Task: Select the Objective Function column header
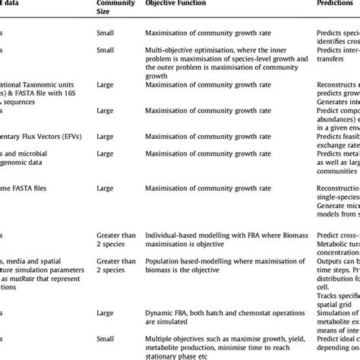click(179, 4)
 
